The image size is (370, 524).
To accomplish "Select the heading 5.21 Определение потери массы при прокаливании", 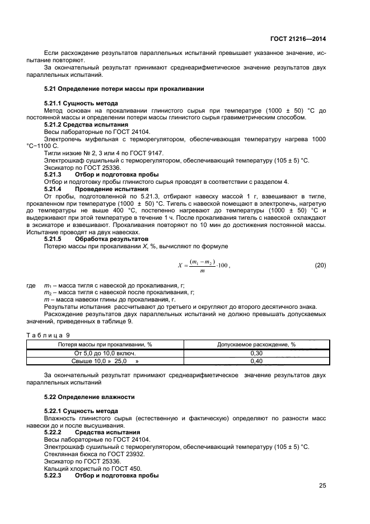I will coord(124,89).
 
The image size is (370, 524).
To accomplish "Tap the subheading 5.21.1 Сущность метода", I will coord(81,104).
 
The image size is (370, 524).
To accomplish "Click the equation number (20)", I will coord(320,265).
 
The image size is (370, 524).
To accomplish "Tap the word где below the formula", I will coord(31,285).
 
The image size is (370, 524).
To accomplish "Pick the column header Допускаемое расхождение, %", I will coord(256,345).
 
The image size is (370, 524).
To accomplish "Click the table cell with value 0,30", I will coord(256,354).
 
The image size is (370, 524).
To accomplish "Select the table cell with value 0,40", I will coord(256,361).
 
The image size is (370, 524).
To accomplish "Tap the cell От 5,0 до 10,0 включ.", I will coord(105,354).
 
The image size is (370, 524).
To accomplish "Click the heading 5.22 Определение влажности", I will coord(89,396).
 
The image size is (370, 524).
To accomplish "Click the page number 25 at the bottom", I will coord(322,486).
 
